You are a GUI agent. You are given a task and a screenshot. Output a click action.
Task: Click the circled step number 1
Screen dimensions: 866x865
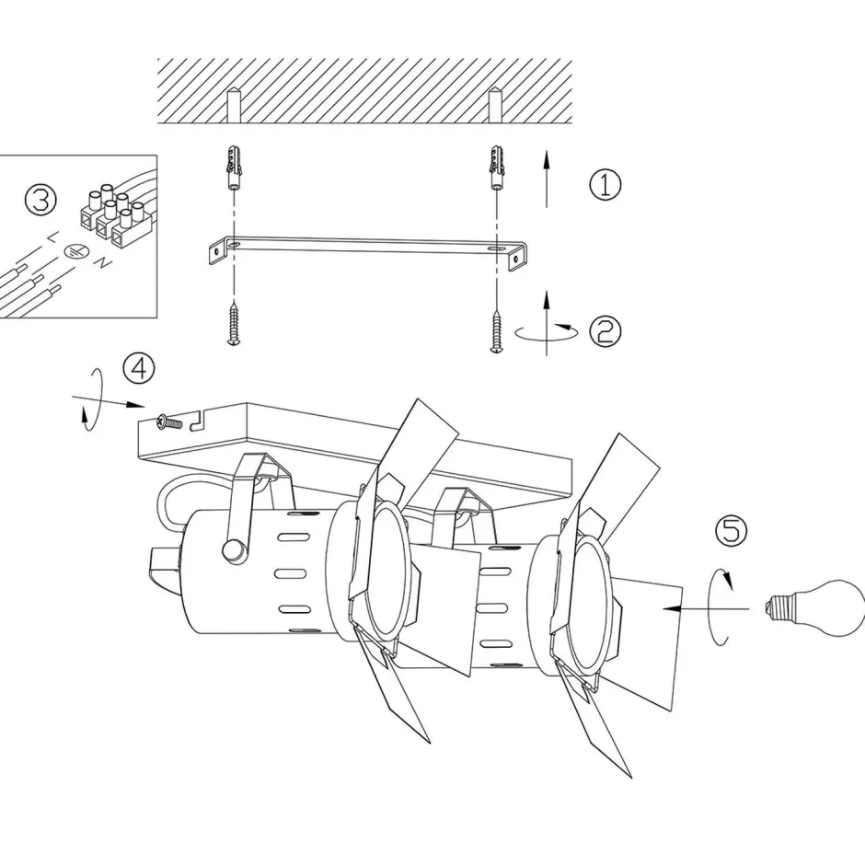(x=605, y=185)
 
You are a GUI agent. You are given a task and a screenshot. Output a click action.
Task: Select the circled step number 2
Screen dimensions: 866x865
(x=605, y=330)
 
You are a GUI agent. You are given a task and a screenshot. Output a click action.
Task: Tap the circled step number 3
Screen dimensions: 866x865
(x=40, y=201)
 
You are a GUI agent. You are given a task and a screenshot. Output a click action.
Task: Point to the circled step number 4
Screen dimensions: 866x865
(x=139, y=369)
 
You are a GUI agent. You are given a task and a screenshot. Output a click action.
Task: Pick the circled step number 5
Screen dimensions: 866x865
(x=732, y=530)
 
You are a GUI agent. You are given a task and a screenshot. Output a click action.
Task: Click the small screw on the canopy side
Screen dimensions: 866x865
(x=166, y=422)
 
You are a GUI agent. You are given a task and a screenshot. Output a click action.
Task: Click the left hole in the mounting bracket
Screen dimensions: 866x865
(x=234, y=246)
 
